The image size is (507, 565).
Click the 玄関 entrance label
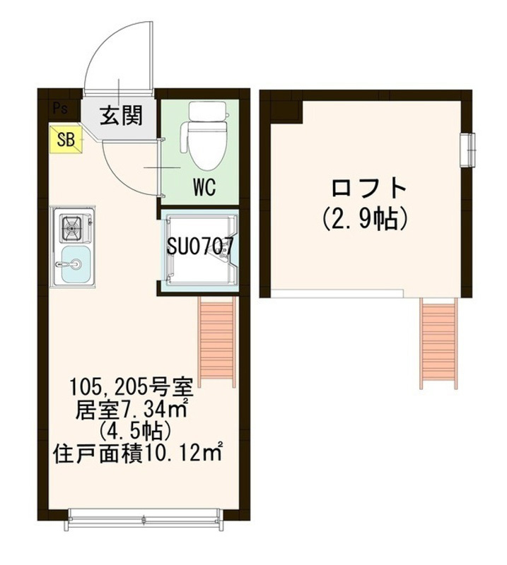point(121,114)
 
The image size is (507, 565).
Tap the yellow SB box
point(66,139)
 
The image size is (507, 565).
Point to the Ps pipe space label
point(60,108)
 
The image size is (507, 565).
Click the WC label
point(204,186)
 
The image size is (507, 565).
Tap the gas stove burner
point(73,227)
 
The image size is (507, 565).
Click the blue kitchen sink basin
point(76,264)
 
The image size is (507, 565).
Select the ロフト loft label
point(369,187)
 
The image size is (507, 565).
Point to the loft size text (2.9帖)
point(366,219)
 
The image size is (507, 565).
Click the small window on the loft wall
point(468,150)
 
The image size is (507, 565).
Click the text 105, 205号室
point(133,387)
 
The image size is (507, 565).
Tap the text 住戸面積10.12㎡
point(137,453)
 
